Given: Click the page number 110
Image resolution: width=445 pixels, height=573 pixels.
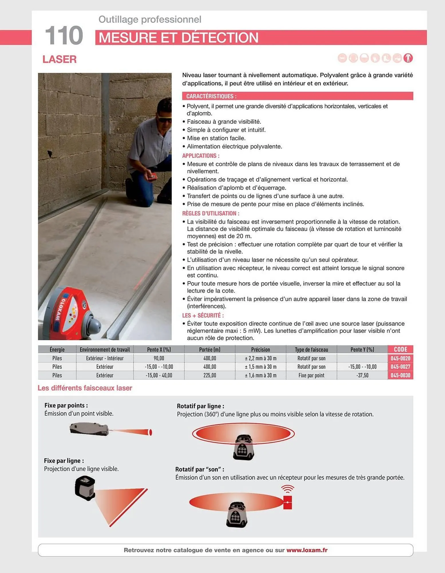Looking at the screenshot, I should pos(64,36).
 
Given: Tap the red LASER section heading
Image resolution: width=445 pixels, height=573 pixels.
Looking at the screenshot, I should pos(60,59).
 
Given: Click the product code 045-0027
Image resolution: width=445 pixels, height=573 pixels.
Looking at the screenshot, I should pos(400,367).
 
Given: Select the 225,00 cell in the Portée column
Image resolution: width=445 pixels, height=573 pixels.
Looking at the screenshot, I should pos(209,375).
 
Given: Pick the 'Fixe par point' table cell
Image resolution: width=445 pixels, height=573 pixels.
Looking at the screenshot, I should pos(311,375).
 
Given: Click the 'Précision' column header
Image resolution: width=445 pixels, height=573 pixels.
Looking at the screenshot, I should pos(260,350).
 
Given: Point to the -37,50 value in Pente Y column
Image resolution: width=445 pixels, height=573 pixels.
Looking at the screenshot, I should pos(362,375).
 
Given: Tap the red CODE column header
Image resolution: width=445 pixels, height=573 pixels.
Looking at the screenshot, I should pos(400,349).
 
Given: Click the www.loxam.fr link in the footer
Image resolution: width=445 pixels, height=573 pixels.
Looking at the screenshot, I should pos(307,550).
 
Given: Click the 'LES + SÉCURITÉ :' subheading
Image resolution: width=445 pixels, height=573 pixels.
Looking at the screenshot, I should pos(203,315).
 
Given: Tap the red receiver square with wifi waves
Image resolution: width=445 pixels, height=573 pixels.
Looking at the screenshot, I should pos(287,502).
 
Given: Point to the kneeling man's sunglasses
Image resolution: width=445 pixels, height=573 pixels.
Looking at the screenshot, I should pos(165,119).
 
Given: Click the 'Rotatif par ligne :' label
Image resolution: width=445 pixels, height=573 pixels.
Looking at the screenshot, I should pos(200,406).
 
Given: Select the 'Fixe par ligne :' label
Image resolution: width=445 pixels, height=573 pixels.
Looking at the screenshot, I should pos(64,461).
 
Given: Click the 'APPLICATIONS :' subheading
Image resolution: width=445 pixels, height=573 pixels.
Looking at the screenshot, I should pos(201,156).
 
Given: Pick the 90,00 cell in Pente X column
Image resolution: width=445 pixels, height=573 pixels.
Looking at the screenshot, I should pos(159,358).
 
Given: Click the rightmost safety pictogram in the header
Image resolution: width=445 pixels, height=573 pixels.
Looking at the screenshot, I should pos(408,58).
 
